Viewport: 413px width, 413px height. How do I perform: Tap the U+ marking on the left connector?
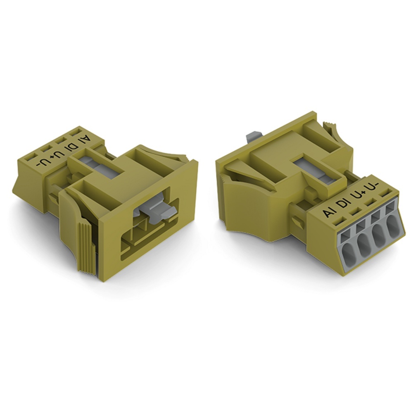(x=55, y=154)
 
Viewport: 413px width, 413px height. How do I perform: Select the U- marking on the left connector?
(x=41, y=162)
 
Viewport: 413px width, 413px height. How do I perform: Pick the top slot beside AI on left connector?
(x=76, y=132)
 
